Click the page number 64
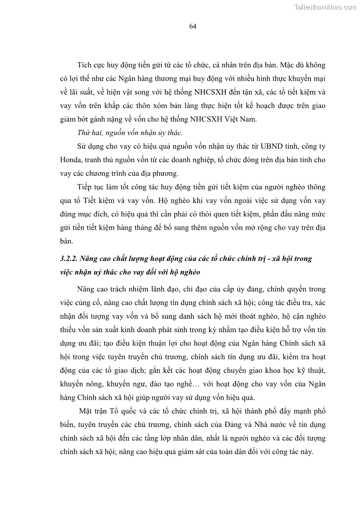click(x=192, y=26)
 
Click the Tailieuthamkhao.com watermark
click(x=325, y=7)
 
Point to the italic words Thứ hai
click(x=88, y=133)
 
